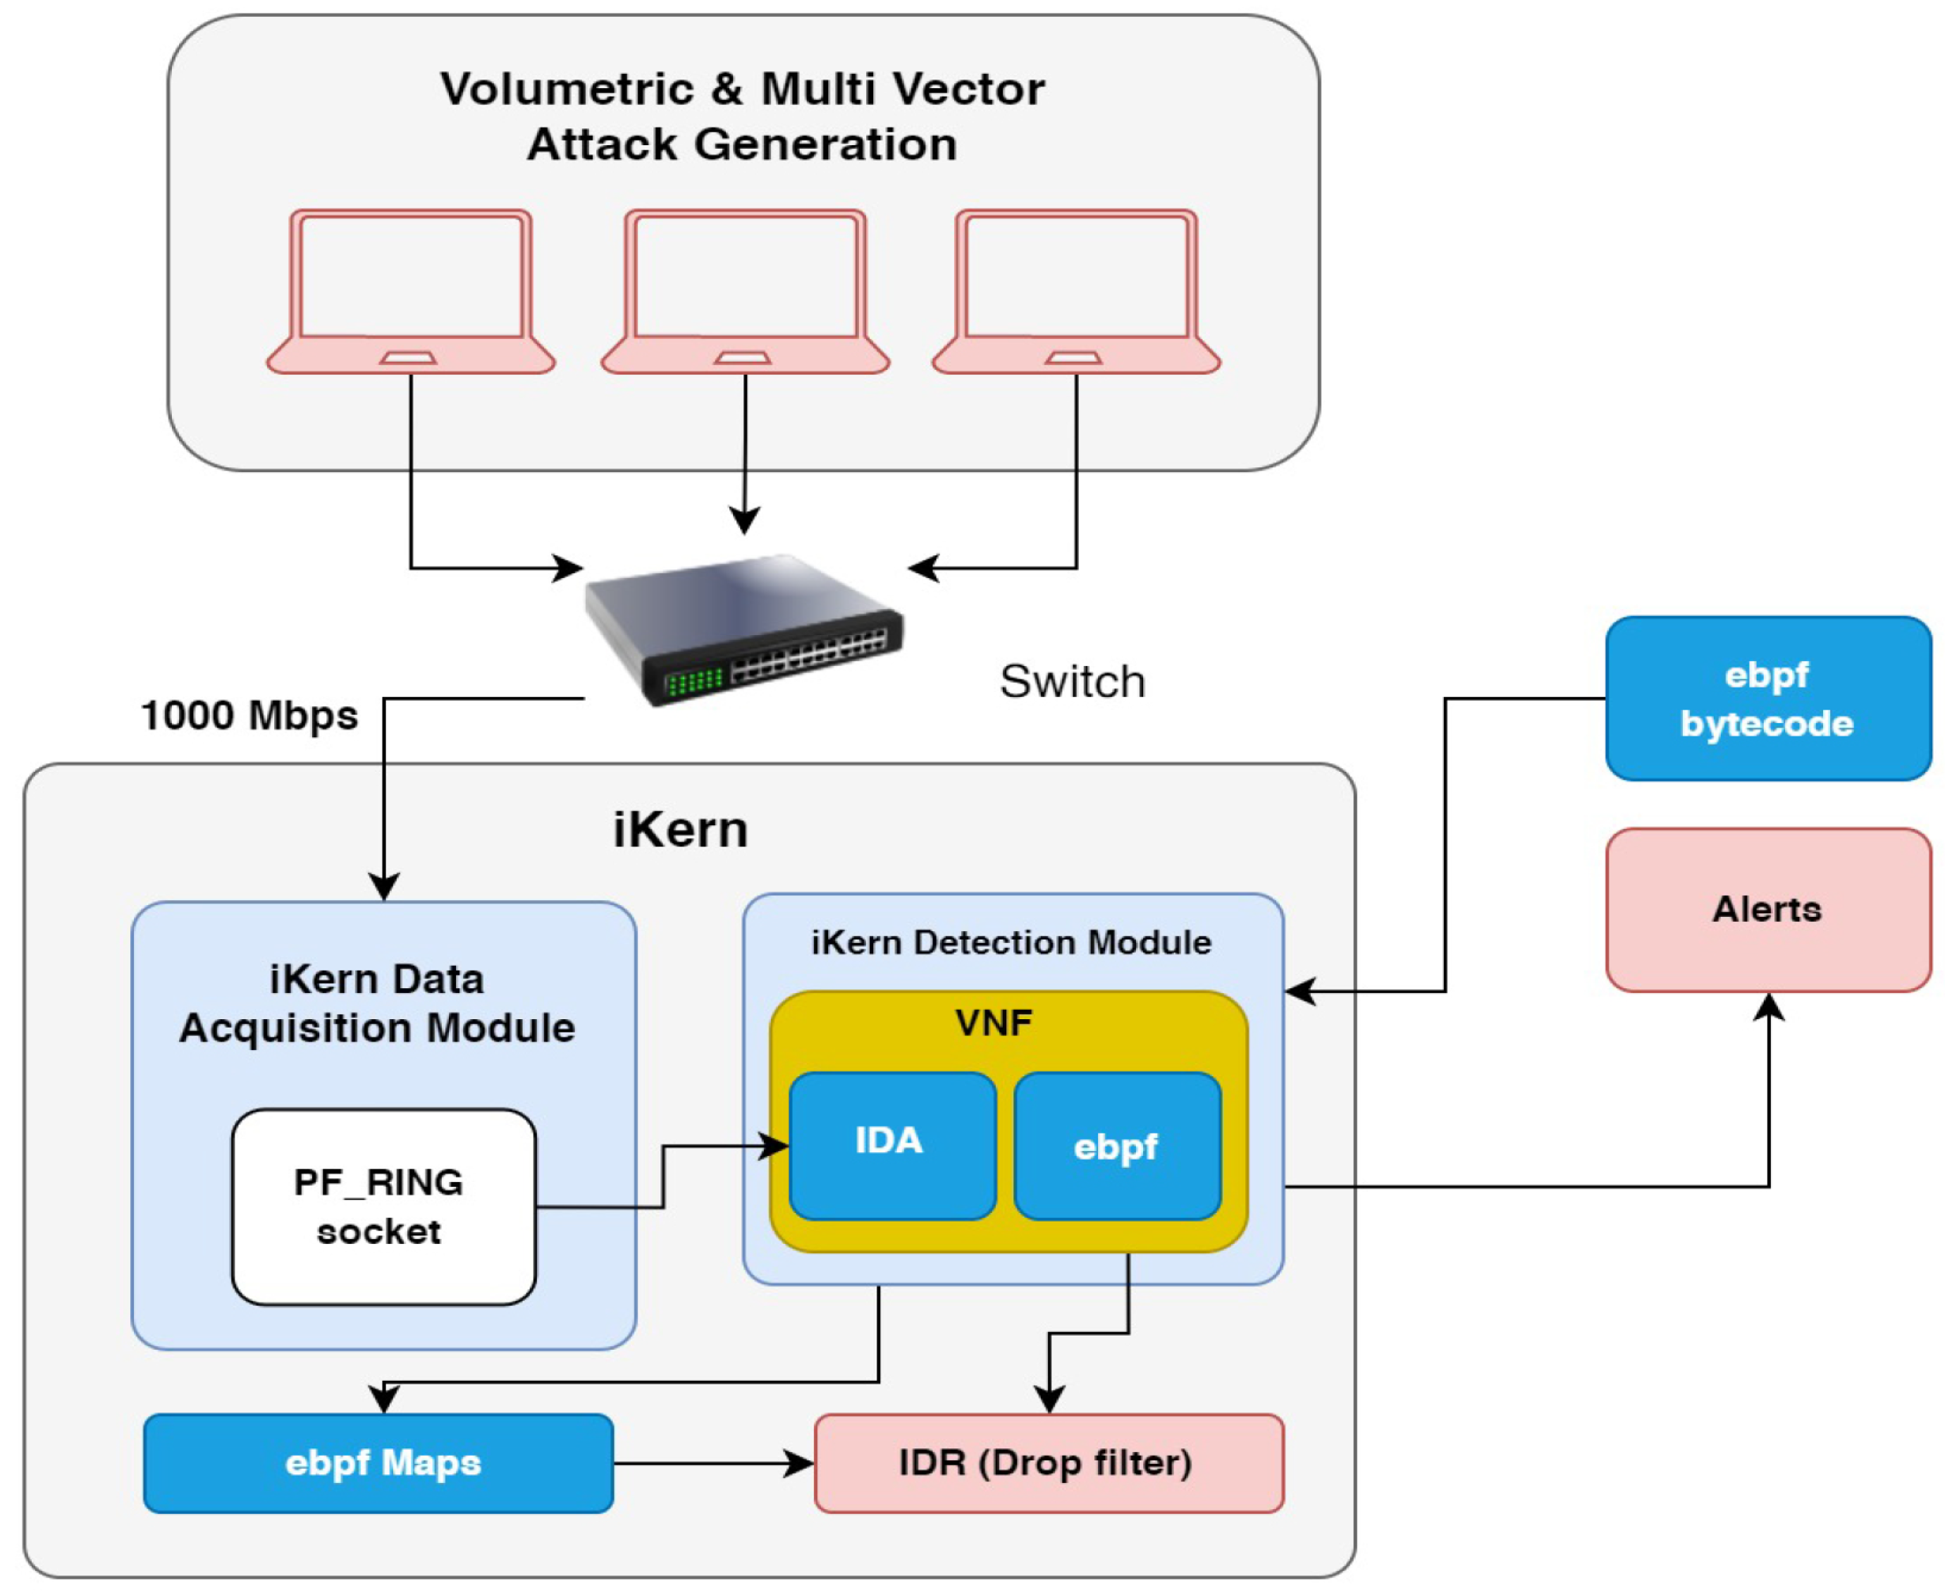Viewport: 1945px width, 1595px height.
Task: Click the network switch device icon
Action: tap(744, 632)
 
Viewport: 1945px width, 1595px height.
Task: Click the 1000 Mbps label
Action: tap(249, 715)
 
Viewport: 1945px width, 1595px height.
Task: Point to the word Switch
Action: tap(1072, 682)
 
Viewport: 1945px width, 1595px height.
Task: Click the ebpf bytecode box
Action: tap(1767, 699)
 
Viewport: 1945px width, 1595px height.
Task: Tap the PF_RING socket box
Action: tap(384, 1207)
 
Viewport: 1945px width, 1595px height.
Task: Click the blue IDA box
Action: tap(892, 1145)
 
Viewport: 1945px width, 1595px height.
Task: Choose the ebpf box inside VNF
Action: tap(1117, 1145)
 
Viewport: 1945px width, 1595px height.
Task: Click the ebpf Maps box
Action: tap(378, 1462)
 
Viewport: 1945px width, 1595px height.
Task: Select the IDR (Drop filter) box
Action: tap(1049, 1462)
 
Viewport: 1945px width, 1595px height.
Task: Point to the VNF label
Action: tap(993, 1023)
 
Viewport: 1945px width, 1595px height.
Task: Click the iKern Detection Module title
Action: tap(1011, 942)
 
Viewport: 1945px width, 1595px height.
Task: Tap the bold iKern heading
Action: tap(680, 830)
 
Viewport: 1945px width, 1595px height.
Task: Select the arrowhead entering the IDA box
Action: tap(777, 1146)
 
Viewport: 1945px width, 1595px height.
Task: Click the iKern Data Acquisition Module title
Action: tap(377, 1004)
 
